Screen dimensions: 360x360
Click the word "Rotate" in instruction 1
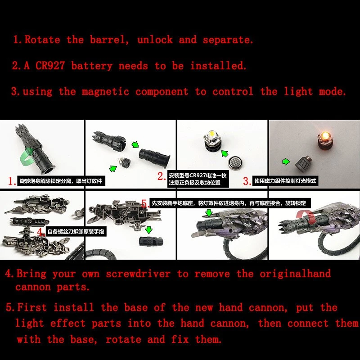click(42, 40)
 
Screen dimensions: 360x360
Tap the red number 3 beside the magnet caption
click(247, 181)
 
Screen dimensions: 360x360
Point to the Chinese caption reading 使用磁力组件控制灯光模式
click(285, 181)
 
